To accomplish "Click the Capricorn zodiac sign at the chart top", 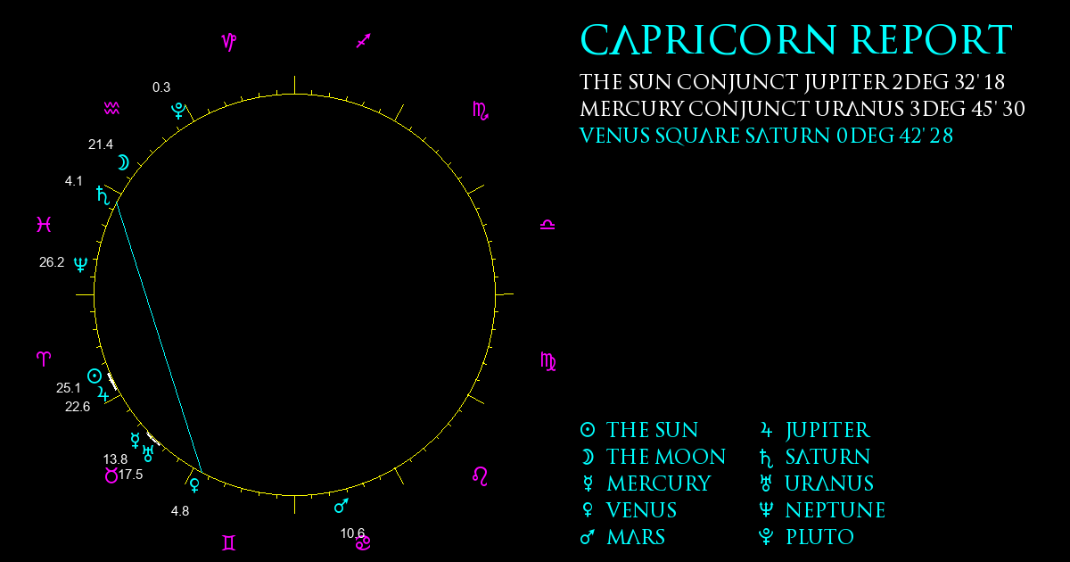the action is pos(229,42).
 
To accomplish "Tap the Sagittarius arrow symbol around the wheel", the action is pos(364,41).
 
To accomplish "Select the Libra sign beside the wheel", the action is pos(547,225).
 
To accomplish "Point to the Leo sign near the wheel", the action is pos(480,476).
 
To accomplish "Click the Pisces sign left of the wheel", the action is pos(44,224).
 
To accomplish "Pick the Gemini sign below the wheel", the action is pos(229,543).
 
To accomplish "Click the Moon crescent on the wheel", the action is pos(123,163).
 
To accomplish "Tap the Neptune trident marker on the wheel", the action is pos(81,264).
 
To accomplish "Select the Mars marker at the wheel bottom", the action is pos(341,506).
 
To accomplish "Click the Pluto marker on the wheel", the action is pos(178,111).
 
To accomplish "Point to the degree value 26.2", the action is pos(52,262).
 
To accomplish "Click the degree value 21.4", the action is pos(101,145).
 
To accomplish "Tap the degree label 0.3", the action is pos(161,87).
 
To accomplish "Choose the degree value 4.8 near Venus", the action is pos(180,511).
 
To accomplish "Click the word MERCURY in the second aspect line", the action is pos(631,109).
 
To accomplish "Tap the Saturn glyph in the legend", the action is pos(766,458).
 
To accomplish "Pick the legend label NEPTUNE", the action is pos(835,510).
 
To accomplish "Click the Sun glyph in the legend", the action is pos(588,430).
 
